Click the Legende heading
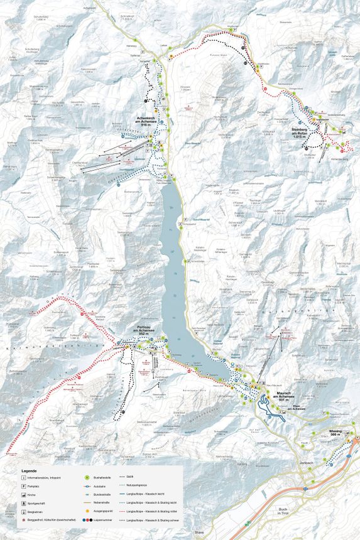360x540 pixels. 29,471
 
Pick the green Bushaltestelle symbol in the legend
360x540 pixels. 87,478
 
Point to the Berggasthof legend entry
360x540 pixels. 50,521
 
